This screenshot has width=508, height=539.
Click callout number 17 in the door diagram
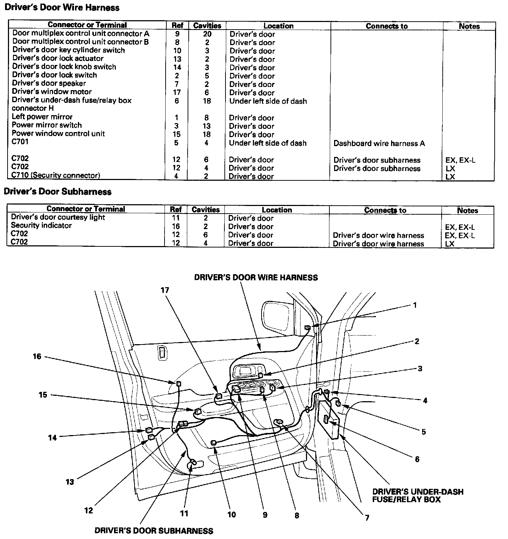(165, 290)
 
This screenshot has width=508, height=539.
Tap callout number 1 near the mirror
(415, 305)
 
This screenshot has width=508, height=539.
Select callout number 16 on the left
(37, 356)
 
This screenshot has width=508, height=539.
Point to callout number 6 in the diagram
(417, 459)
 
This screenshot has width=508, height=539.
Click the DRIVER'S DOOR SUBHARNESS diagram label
(154, 531)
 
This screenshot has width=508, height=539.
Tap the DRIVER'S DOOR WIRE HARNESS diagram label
(256, 277)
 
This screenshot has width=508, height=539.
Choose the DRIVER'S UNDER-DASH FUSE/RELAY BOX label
(417, 495)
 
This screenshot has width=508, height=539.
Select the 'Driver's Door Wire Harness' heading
(62, 7)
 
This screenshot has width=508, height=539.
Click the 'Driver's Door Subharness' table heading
(58, 192)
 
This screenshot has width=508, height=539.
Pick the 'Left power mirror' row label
(42, 117)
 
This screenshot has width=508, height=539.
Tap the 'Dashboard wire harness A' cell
(379, 143)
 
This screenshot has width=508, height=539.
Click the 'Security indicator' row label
(41, 225)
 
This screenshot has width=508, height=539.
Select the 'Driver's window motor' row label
(52, 92)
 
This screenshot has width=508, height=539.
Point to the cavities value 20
(207, 34)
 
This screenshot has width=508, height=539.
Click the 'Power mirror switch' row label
(47, 125)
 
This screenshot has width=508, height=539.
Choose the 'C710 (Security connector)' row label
(56, 175)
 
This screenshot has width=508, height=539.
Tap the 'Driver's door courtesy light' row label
(58, 217)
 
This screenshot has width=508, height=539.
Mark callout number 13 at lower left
(70, 482)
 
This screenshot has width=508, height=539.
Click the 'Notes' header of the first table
(469, 26)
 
